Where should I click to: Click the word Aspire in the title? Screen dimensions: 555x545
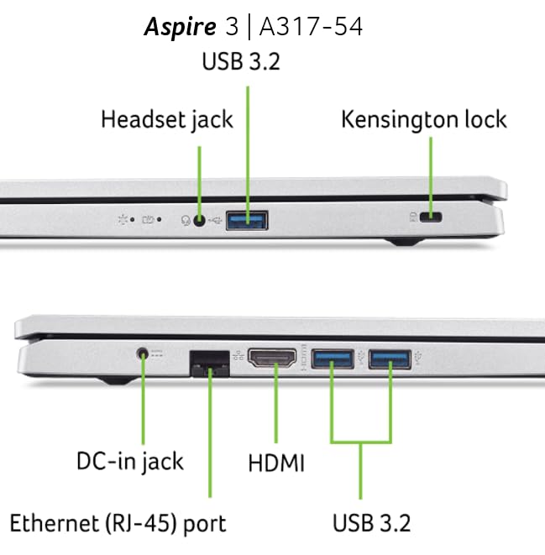coord(178,27)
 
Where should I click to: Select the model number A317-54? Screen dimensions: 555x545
coord(311,27)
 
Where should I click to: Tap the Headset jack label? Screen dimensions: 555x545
coord(166,119)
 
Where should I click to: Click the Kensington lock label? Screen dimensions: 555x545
coord(424,119)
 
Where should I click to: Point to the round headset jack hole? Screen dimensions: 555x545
coord(199,221)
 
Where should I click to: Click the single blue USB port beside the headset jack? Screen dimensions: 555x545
coord(249,221)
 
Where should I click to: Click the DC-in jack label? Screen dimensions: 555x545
coord(129,460)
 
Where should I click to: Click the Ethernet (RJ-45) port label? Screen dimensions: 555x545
coord(118,523)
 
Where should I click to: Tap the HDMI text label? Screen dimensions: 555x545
coord(276,463)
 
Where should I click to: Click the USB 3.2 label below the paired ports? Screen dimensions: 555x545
coord(371,523)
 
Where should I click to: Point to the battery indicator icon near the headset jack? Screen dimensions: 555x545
coord(149,221)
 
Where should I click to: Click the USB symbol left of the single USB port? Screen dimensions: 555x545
coord(217,221)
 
